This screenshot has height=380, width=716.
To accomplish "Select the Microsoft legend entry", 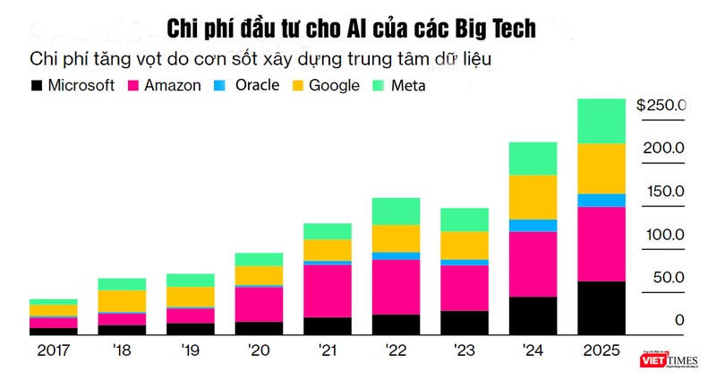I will coord(72,86).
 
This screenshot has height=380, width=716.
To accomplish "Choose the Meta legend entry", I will coord(402,86).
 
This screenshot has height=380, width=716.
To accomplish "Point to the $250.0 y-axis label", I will coord(661,105).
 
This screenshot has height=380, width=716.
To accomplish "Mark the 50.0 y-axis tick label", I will coord(666,278).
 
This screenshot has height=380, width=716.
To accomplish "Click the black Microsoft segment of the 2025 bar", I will coord(601,307).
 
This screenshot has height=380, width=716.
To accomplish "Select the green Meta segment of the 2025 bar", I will coord(601,121).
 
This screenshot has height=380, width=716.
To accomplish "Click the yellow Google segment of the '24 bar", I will coord(532,196).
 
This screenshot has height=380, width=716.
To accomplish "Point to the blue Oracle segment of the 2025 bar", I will coord(601,200).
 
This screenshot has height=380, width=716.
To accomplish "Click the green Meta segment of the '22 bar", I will coord(395,211).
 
